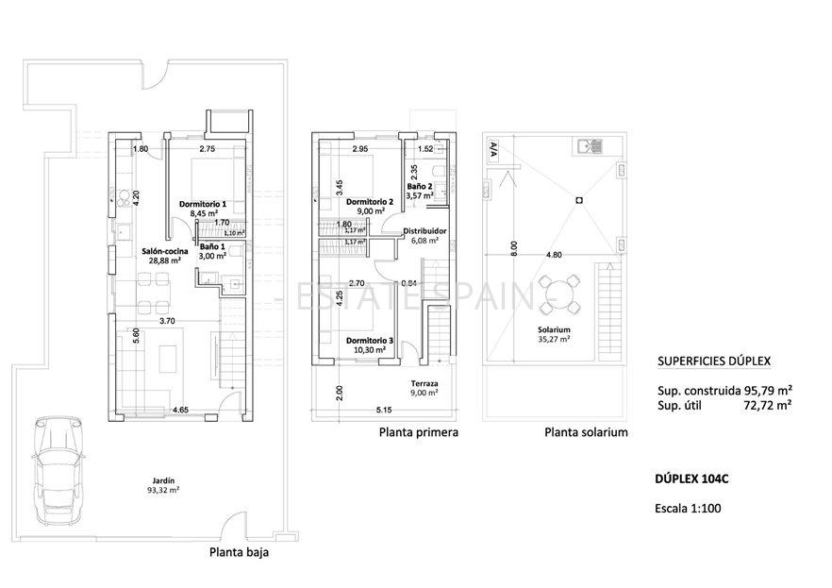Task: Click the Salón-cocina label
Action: (165, 252)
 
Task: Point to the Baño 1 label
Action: (212, 246)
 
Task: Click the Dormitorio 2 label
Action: (369, 201)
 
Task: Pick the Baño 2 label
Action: (421, 187)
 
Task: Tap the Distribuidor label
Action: (424, 231)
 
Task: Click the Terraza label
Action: (424, 383)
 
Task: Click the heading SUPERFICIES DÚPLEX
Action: (714, 361)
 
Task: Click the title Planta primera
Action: (419, 433)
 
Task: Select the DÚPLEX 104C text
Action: (691, 479)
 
